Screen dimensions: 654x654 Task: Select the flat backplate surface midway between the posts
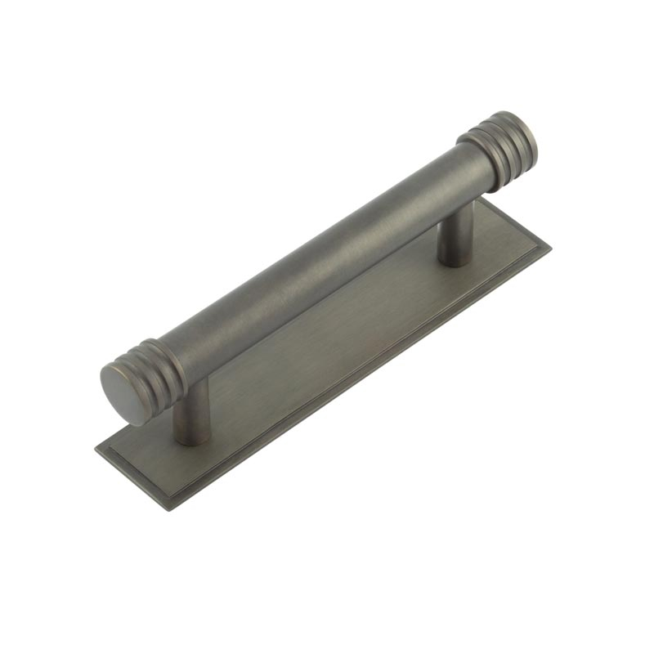[x=327, y=343]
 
